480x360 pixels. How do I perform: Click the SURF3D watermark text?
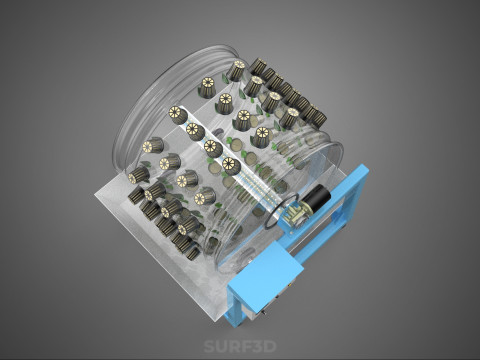[240, 346]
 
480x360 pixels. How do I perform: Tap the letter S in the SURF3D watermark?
[209, 346]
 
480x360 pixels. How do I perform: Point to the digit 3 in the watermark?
[258, 346]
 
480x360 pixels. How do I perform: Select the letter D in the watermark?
[271, 346]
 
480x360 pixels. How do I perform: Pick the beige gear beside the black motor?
[294, 214]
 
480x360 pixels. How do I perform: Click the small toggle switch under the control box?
[263, 313]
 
